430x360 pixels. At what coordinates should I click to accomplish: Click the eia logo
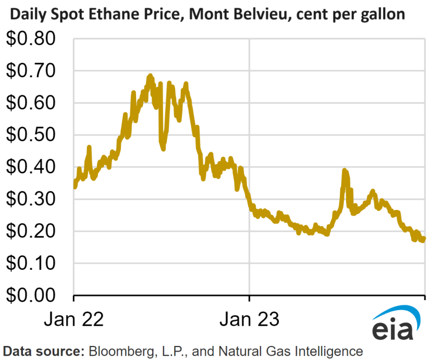tap(395, 324)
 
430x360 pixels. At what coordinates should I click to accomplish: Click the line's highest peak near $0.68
tap(150, 76)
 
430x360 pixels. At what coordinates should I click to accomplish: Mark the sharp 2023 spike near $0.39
tap(345, 171)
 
